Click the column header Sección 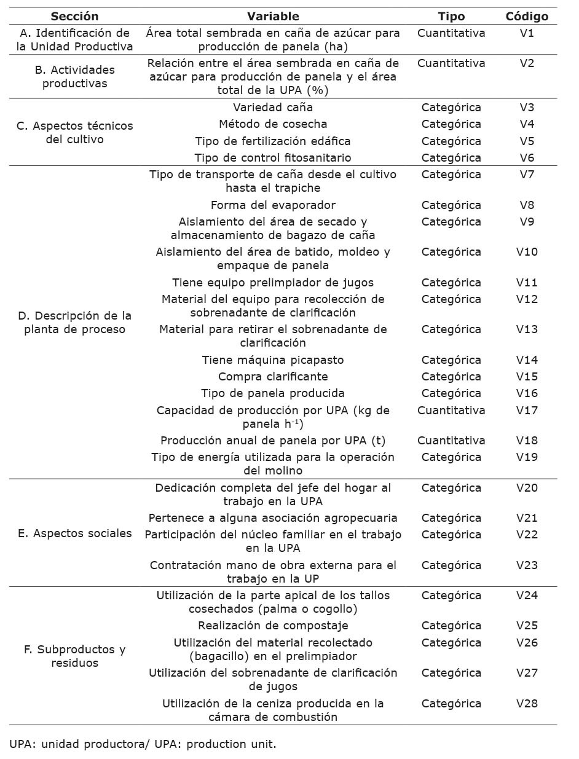(x=74, y=17)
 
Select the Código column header (x=527, y=17)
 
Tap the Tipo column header (x=451, y=17)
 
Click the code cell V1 (x=527, y=33)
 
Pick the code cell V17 (x=527, y=411)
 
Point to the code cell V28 (x=527, y=704)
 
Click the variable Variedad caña (x=273, y=108)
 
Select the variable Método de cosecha (x=273, y=124)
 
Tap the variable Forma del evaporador (x=273, y=205)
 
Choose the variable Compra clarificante (x=273, y=377)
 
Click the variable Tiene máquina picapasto (x=273, y=360)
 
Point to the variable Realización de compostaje (x=273, y=626)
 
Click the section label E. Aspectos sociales (x=74, y=533)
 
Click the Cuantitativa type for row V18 (x=451, y=441)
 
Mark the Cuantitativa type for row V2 (x=451, y=63)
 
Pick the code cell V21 (x=527, y=518)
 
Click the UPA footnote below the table (x=143, y=744)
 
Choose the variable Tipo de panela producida (x=273, y=393)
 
